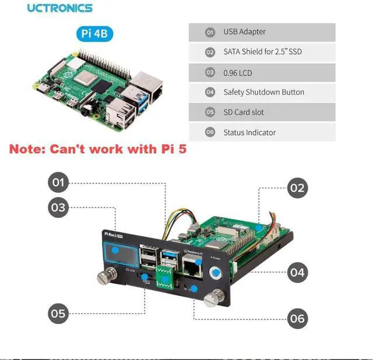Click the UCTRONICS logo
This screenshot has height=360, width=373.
point(59,8)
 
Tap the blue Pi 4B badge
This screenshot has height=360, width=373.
point(94,34)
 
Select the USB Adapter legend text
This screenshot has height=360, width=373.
point(244,32)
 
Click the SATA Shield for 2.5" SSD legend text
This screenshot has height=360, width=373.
point(262,52)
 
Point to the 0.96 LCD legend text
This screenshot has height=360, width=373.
point(238,72)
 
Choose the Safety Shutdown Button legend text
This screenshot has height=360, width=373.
point(263,92)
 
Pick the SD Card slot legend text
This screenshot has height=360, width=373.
point(244,112)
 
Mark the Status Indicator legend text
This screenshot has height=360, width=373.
point(249,132)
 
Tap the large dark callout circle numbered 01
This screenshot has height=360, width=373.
point(58,183)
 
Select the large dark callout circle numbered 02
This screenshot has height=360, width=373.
point(297,188)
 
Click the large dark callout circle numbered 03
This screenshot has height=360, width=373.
point(58,207)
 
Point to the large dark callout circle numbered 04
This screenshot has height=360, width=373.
point(297,272)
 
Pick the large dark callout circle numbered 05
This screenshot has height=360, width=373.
point(58,314)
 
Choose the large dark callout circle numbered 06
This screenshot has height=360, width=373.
point(297,318)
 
